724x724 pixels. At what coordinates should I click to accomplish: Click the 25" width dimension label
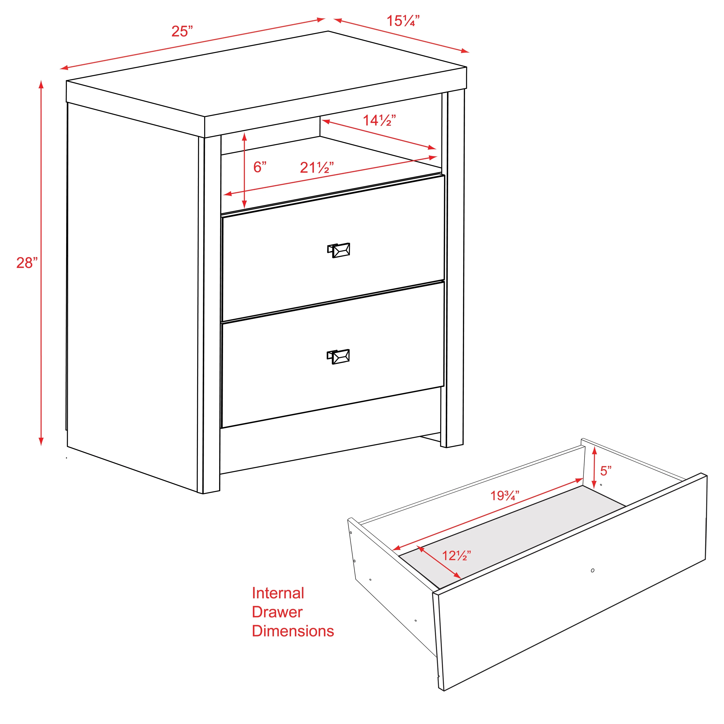[182, 31]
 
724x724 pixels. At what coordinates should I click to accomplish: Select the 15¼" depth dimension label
[403, 21]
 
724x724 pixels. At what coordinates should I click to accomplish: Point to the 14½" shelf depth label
[379, 120]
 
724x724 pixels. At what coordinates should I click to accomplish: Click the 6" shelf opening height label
[260, 167]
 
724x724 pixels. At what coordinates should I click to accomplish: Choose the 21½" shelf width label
[317, 167]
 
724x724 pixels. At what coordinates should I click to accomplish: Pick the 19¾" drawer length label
[505, 496]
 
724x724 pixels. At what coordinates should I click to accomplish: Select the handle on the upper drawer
[339, 250]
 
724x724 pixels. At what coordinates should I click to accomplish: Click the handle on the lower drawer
[338, 356]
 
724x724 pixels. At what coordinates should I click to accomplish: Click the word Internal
[278, 593]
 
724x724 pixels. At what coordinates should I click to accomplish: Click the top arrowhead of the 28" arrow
[41, 84]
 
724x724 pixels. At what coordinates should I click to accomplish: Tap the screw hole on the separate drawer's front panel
[592, 570]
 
